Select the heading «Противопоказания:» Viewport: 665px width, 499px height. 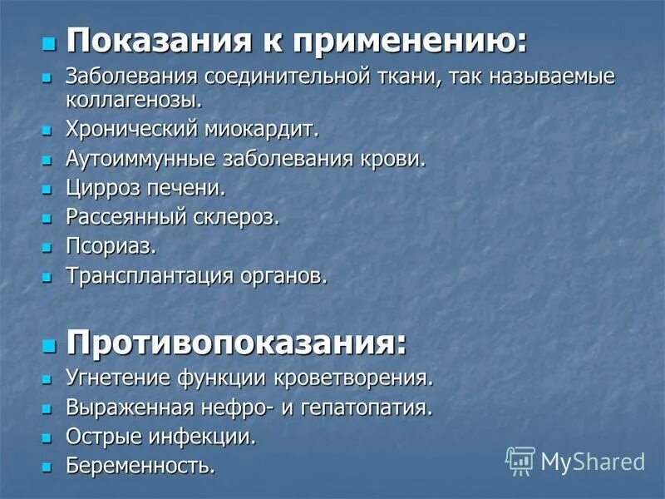[x=237, y=342]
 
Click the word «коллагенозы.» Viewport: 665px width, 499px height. [x=135, y=101]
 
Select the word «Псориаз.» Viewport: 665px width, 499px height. [x=111, y=246]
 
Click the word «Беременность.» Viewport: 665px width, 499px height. [x=140, y=465]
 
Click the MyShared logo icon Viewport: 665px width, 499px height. [x=520, y=460]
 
